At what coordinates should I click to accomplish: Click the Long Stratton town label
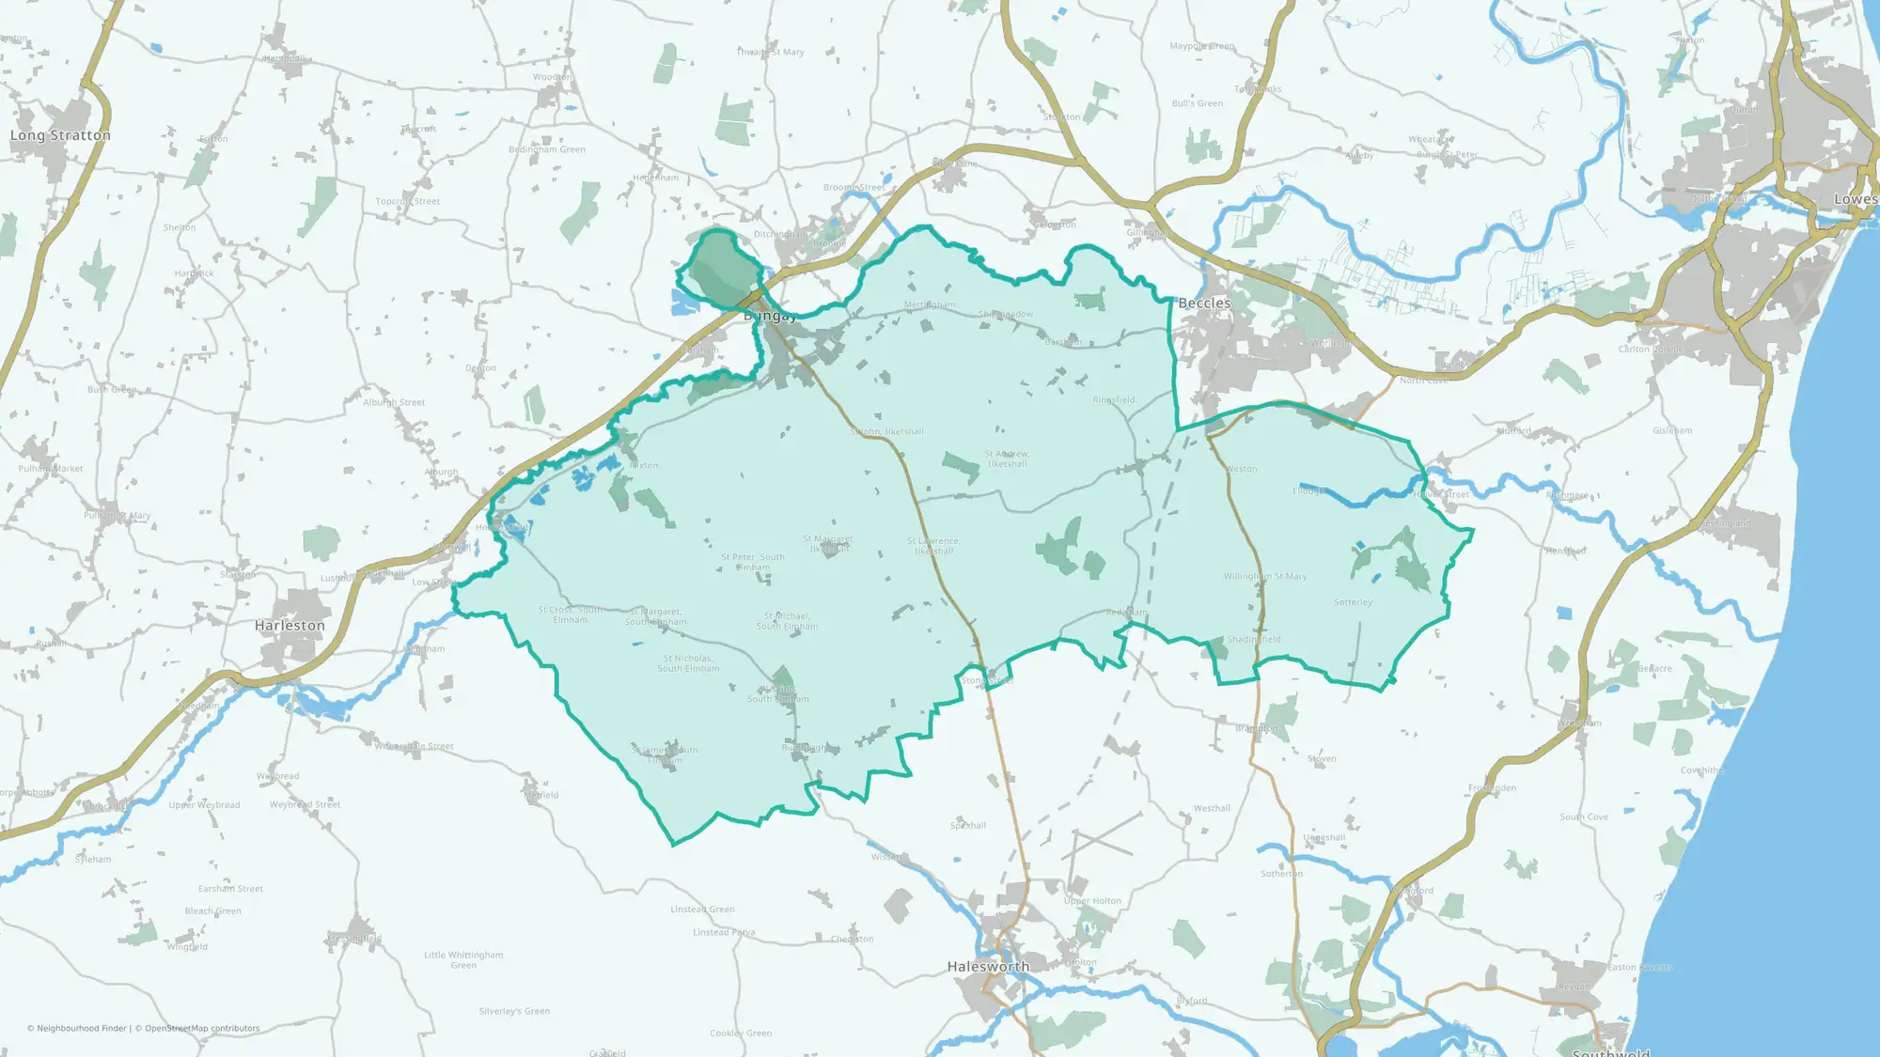click(60, 135)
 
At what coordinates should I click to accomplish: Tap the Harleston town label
click(290, 626)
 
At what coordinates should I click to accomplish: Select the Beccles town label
click(1204, 303)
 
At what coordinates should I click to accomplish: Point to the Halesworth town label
click(988, 967)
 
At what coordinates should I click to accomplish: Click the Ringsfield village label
click(1113, 400)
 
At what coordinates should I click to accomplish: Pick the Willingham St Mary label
click(1264, 577)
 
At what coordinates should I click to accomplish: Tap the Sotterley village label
click(1353, 602)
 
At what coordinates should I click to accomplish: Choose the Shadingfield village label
click(1254, 640)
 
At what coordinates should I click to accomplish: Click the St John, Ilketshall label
click(887, 432)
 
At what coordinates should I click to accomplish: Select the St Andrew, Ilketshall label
click(1007, 459)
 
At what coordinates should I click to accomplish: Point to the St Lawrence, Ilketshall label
click(933, 546)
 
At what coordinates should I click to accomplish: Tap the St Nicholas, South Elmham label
click(688, 663)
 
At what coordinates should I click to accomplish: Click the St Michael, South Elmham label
click(787, 621)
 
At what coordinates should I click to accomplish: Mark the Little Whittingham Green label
click(463, 959)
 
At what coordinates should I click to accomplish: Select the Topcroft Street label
click(407, 201)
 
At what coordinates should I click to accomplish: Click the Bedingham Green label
click(547, 149)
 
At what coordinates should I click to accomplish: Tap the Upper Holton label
click(1092, 901)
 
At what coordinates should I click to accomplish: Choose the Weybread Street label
click(305, 805)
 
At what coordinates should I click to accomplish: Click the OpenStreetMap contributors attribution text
click(202, 1029)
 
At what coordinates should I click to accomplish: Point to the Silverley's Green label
click(514, 1012)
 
